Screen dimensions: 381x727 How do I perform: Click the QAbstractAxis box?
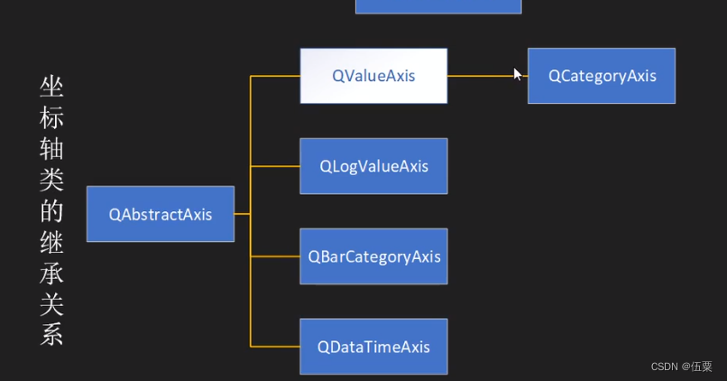click(x=161, y=214)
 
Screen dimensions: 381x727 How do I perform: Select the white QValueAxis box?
click(x=373, y=76)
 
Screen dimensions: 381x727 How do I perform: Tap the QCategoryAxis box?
click(x=602, y=76)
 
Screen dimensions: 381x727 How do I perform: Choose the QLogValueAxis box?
click(x=373, y=166)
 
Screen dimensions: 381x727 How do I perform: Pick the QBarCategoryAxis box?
click(x=373, y=256)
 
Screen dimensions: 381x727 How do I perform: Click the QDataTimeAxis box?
click(x=373, y=347)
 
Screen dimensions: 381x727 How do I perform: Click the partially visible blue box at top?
click(x=438, y=6)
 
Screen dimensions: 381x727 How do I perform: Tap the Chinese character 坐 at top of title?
click(x=51, y=88)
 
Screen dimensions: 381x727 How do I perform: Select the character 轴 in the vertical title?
click(x=51, y=150)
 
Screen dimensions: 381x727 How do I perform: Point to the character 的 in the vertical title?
click(x=51, y=211)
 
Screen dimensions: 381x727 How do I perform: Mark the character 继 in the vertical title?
click(x=51, y=242)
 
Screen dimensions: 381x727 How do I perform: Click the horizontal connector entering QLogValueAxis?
click(x=275, y=166)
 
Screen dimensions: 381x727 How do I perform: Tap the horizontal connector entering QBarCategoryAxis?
click(x=275, y=256)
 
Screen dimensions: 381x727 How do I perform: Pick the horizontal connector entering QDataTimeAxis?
click(x=275, y=347)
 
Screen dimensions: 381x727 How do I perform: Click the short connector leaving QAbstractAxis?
click(x=242, y=214)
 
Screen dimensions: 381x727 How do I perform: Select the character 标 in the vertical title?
click(x=51, y=118)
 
